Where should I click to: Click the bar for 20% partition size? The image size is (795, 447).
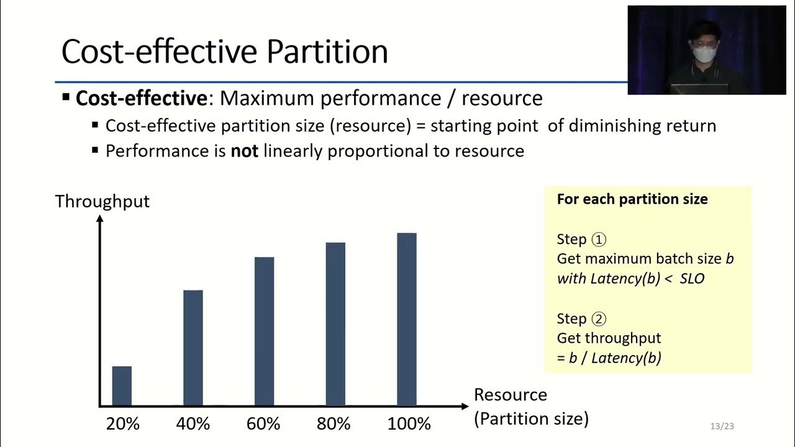(x=122, y=386)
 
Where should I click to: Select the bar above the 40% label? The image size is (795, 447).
(x=193, y=348)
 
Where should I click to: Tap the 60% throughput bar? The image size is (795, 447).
(x=264, y=331)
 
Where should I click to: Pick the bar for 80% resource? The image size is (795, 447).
(x=335, y=323)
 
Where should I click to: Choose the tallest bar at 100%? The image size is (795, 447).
(x=407, y=319)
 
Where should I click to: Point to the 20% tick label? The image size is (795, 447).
(x=122, y=424)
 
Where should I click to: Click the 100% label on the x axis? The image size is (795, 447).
(x=409, y=424)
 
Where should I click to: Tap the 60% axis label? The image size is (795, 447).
(x=263, y=424)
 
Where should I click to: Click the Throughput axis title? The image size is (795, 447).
(x=102, y=201)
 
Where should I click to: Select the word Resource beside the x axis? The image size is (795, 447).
(x=510, y=395)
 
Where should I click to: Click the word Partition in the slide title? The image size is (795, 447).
(x=327, y=52)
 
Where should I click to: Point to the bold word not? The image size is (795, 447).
(x=244, y=151)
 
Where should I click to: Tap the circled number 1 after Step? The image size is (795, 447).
(x=599, y=240)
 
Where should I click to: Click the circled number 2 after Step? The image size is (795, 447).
(x=599, y=319)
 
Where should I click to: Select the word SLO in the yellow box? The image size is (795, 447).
(x=692, y=279)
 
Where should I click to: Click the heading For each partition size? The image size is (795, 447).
(x=632, y=199)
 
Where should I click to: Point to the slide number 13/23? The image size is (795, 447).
(x=722, y=426)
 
